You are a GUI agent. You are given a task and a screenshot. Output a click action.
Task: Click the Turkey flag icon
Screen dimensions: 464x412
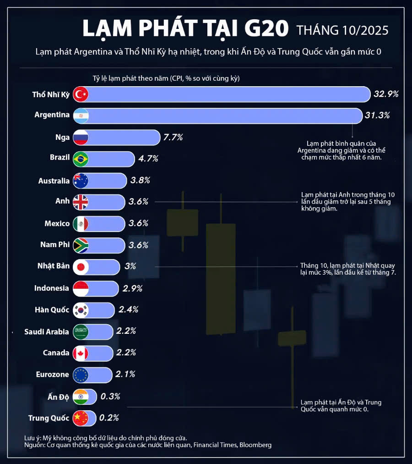pyautogui.click(x=81, y=94)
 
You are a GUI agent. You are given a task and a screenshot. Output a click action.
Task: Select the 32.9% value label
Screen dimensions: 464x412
pyautogui.click(x=386, y=94)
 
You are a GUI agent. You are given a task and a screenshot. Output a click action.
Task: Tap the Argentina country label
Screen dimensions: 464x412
pyautogui.click(x=52, y=115)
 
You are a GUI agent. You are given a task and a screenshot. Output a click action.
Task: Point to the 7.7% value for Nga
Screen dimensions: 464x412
pyautogui.click(x=173, y=137)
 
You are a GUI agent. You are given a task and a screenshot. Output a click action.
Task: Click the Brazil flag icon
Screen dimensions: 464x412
pyautogui.click(x=81, y=159)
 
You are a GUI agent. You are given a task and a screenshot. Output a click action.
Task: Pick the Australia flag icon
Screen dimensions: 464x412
pyautogui.click(x=81, y=181)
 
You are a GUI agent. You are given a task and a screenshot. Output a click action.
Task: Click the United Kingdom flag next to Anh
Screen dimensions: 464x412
pyautogui.click(x=81, y=202)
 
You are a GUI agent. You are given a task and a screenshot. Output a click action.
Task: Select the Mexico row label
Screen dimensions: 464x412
pyautogui.click(x=57, y=224)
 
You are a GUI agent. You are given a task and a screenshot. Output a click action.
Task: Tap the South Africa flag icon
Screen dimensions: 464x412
pyautogui.click(x=81, y=245)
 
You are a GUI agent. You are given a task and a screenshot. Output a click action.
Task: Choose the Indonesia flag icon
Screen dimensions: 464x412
pyautogui.click(x=81, y=288)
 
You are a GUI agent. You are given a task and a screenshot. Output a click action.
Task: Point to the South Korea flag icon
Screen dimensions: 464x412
pyautogui.click(x=81, y=310)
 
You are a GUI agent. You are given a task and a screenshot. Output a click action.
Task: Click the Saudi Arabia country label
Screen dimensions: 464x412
pyautogui.click(x=47, y=331)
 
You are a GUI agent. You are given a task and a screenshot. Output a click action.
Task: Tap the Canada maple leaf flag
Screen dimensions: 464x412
pyautogui.click(x=81, y=353)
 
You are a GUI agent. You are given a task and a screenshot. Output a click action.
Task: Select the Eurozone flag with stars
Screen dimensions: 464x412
pyautogui.click(x=81, y=375)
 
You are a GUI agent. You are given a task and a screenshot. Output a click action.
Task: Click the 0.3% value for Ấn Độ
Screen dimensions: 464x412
pyautogui.click(x=110, y=397)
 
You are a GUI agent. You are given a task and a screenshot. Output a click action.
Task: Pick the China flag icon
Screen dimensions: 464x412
pyautogui.click(x=81, y=418)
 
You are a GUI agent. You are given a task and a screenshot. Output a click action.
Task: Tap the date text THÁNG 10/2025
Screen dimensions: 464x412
pyautogui.click(x=342, y=31)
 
